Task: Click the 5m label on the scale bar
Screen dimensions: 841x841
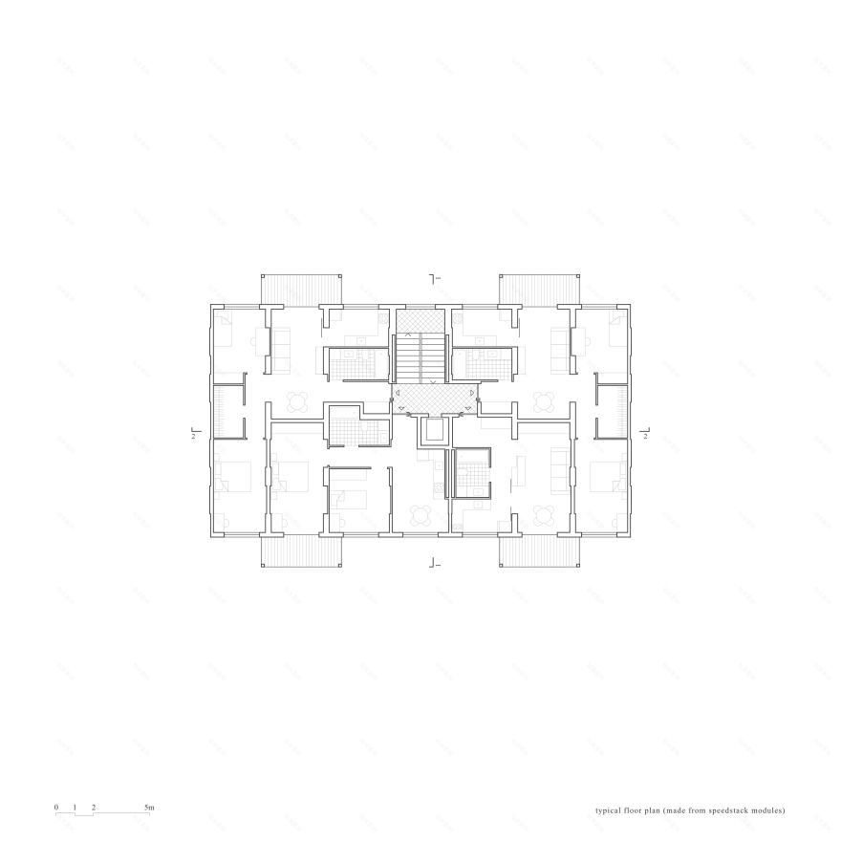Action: (x=149, y=809)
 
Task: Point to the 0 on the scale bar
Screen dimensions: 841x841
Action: (x=56, y=809)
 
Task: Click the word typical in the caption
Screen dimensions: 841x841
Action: (x=609, y=810)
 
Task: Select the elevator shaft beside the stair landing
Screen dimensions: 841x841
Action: (x=435, y=432)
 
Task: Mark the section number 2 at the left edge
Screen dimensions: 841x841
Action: (x=193, y=436)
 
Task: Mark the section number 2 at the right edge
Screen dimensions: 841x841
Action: (x=647, y=436)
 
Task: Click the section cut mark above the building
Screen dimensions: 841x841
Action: (x=433, y=278)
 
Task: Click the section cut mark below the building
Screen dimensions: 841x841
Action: (x=433, y=563)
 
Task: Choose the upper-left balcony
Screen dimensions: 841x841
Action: (x=302, y=289)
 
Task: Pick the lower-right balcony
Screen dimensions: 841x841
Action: (x=539, y=551)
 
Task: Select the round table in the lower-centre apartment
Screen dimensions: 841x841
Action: (x=420, y=514)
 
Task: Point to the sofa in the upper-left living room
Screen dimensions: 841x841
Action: (x=284, y=351)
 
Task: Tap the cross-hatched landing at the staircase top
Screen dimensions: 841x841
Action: (x=420, y=319)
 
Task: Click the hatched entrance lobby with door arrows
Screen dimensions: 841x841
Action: (x=435, y=399)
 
